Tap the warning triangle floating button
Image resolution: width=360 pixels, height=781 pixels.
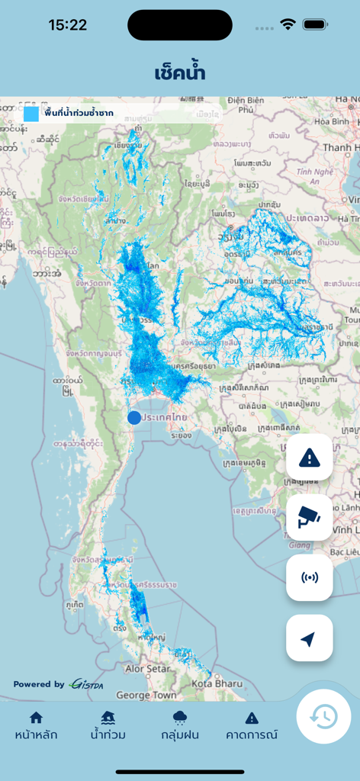(x=309, y=458)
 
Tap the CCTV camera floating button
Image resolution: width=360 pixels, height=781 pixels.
(x=309, y=518)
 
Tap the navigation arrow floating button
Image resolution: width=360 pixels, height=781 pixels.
(x=309, y=638)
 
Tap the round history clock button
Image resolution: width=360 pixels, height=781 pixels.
(x=323, y=715)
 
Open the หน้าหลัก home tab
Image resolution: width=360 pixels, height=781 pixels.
(x=36, y=725)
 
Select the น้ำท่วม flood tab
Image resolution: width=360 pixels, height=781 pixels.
(x=108, y=725)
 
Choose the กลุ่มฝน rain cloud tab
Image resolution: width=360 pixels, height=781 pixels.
(x=180, y=725)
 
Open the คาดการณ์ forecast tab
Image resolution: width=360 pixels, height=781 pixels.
(x=252, y=725)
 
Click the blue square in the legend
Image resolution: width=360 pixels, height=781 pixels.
(x=31, y=114)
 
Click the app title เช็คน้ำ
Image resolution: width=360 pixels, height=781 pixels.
(x=180, y=73)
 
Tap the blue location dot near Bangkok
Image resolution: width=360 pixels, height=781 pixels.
(x=134, y=417)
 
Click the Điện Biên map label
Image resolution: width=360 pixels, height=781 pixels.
(x=246, y=101)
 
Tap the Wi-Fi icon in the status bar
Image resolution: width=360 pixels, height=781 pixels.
(x=288, y=24)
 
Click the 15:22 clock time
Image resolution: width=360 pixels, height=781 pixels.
(x=68, y=25)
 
